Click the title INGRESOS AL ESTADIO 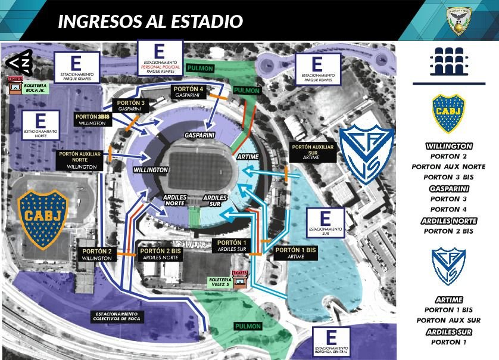[150, 21]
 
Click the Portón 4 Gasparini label [189, 92]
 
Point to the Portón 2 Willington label [96, 255]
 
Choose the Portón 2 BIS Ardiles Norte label [160, 255]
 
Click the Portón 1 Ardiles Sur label [232, 246]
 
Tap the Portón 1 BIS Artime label [295, 253]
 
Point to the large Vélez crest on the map [366, 154]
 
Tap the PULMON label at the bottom [248, 326]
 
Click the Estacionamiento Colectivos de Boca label [116, 316]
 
